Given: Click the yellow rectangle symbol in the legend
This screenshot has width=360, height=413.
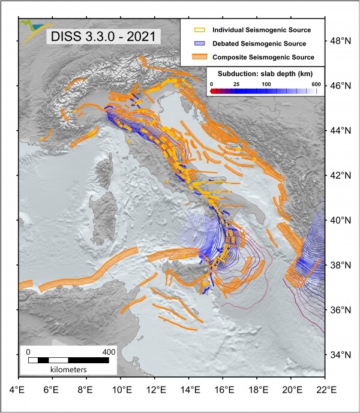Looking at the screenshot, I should (196, 29).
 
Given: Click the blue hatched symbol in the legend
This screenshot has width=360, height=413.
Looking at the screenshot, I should (196, 43).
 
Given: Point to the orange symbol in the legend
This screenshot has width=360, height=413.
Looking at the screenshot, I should (196, 57).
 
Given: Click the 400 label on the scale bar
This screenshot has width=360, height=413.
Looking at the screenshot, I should (109, 351).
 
